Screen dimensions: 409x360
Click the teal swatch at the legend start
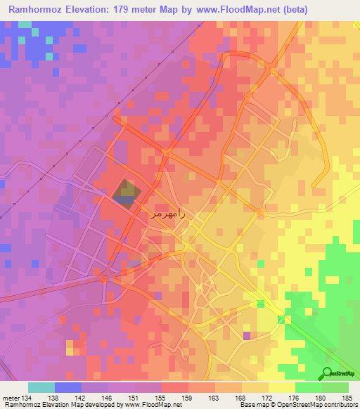[x=41, y=387]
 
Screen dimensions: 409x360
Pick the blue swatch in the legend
[x=68, y=387]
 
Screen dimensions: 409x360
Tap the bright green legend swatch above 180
[x=308, y=387]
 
